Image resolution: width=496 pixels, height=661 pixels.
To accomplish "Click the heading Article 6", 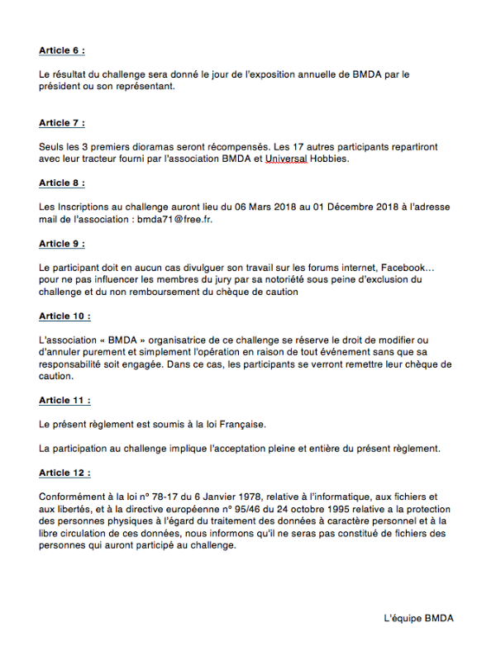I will coord(61,50).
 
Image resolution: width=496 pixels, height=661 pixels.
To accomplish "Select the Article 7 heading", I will coord(61,123).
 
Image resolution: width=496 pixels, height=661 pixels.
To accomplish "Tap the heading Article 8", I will coord(61,183).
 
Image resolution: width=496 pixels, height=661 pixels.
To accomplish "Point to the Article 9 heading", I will coord(61,244).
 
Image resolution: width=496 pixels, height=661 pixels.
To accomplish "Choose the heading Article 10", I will coord(64,316).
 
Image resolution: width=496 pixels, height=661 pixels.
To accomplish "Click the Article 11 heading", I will coord(64,400).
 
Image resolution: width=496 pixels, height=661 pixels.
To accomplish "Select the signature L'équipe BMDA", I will coord(418,618).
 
